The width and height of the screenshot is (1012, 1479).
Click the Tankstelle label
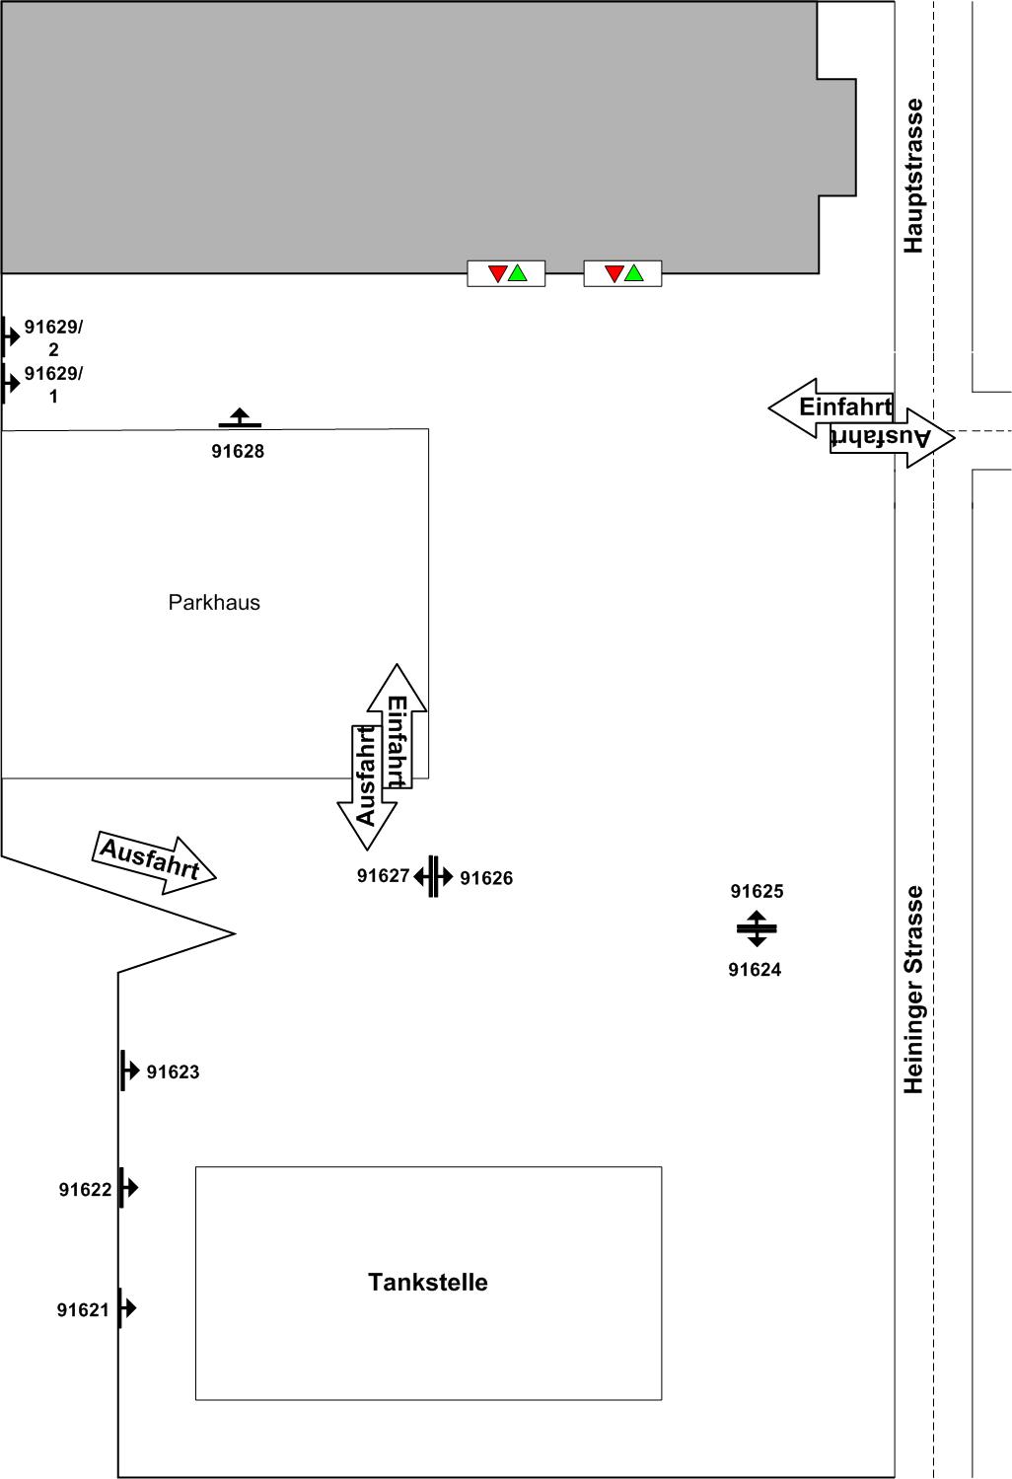pos(428,1283)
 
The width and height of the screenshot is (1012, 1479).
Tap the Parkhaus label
pos(214,603)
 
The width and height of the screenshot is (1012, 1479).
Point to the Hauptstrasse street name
pos(913,176)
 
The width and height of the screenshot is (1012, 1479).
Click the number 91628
pos(238,452)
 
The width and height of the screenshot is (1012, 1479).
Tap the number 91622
pos(85,1190)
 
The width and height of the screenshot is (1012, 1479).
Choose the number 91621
pos(83,1310)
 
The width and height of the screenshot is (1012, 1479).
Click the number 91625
pos(758,891)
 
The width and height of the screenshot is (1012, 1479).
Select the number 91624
pos(756,970)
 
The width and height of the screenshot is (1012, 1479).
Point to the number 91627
pos(384,876)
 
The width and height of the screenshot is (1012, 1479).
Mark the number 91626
pos(486,878)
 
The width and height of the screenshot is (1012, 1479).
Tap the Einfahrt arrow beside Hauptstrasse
pos(831,408)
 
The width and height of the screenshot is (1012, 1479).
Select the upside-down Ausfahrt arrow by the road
pos(893,438)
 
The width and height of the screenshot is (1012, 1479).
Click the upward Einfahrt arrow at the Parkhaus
pos(398,726)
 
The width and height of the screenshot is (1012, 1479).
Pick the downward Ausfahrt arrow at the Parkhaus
pos(367,787)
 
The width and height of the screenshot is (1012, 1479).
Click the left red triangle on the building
pos(498,272)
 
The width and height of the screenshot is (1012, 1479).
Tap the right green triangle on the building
pos(634,272)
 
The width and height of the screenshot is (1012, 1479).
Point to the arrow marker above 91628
pos(241,418)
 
